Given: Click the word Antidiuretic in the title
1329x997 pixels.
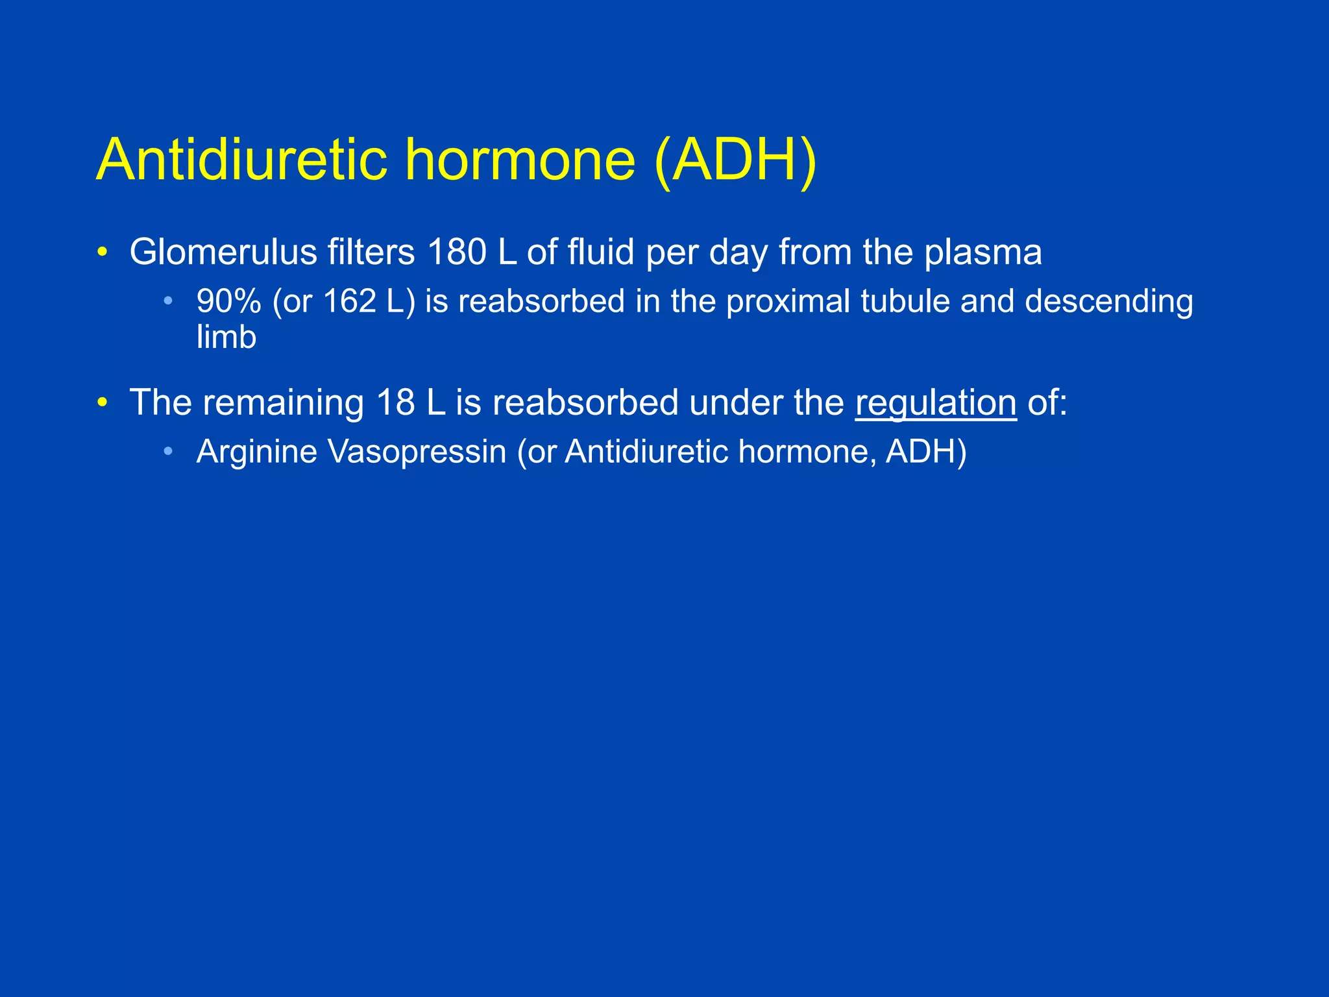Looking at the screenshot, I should [x=241, y=160].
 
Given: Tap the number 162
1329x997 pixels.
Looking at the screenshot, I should [x=349, y=302].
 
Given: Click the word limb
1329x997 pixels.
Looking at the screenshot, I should [x=226, y=338].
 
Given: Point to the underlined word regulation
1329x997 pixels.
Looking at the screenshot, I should [x=935, y=402].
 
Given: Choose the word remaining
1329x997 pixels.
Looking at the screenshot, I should [x=283, y=402].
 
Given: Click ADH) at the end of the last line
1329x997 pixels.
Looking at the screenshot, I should [x=926, y=452].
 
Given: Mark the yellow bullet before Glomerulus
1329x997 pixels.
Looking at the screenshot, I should [x=102, y=252].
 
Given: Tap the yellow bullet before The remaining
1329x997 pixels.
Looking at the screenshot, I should [x=102, y=403].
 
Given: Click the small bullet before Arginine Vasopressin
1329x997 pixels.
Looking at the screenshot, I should [x=168, y=452].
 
